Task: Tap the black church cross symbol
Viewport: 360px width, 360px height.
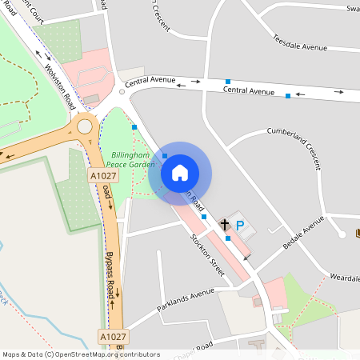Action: click(x=225, y=226)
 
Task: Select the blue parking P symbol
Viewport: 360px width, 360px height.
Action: click(x=240, y=226)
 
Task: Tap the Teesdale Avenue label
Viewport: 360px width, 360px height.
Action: click(x=300, y=42)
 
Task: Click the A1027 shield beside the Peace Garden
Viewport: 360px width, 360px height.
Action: click(x=103, y=176)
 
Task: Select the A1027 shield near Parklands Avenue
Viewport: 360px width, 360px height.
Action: click(x=114, y=338)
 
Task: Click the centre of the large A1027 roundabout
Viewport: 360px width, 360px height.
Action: click(x=85, y=126)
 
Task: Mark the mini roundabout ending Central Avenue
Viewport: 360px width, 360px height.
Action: click(x=122, y=92)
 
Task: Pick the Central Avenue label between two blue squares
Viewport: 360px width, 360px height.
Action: click(x=249, y=91)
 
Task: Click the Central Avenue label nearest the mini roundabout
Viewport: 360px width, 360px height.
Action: click(x=150, y=80)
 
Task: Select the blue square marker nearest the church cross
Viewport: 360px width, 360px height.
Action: click(x=228, y=238)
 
